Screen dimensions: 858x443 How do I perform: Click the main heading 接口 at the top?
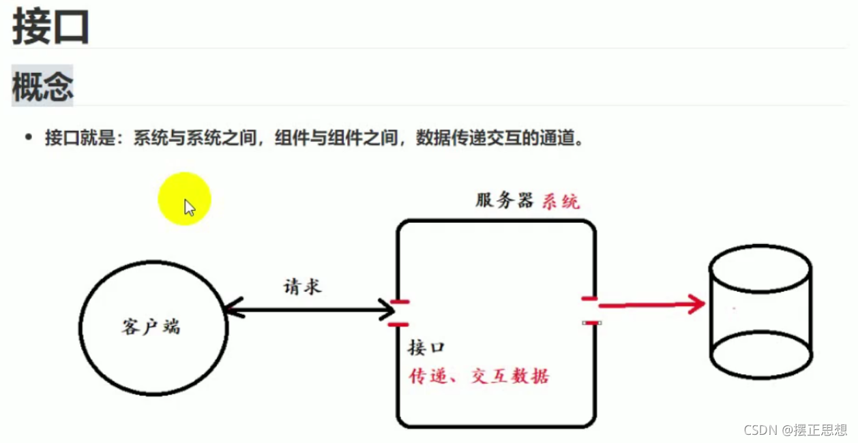pos(50,27)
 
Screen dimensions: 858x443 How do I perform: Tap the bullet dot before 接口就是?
pos(28,138)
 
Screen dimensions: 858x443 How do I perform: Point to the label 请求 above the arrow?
pos(302,286)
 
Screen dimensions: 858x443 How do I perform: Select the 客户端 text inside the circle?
pos(151,327)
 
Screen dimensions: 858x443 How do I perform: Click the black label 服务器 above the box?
pos(504,200)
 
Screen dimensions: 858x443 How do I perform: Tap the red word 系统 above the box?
pos(561,201)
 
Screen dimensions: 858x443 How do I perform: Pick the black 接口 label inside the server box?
pos(426,348)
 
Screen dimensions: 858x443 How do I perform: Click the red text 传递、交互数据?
pos(479,376)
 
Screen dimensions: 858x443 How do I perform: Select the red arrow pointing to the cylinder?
pos(651,305)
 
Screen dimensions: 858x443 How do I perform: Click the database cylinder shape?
pos(760,311)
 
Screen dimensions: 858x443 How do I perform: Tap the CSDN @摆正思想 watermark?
pos(795,429)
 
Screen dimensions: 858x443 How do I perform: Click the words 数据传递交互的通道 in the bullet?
pos(501,138)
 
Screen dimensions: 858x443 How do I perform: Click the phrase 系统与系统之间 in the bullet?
pos(194,138)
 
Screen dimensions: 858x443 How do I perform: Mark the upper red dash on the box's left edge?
pos(398,301)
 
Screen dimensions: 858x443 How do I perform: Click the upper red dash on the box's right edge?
pos(590,299)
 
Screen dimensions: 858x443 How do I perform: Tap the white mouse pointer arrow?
pos(189,208)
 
